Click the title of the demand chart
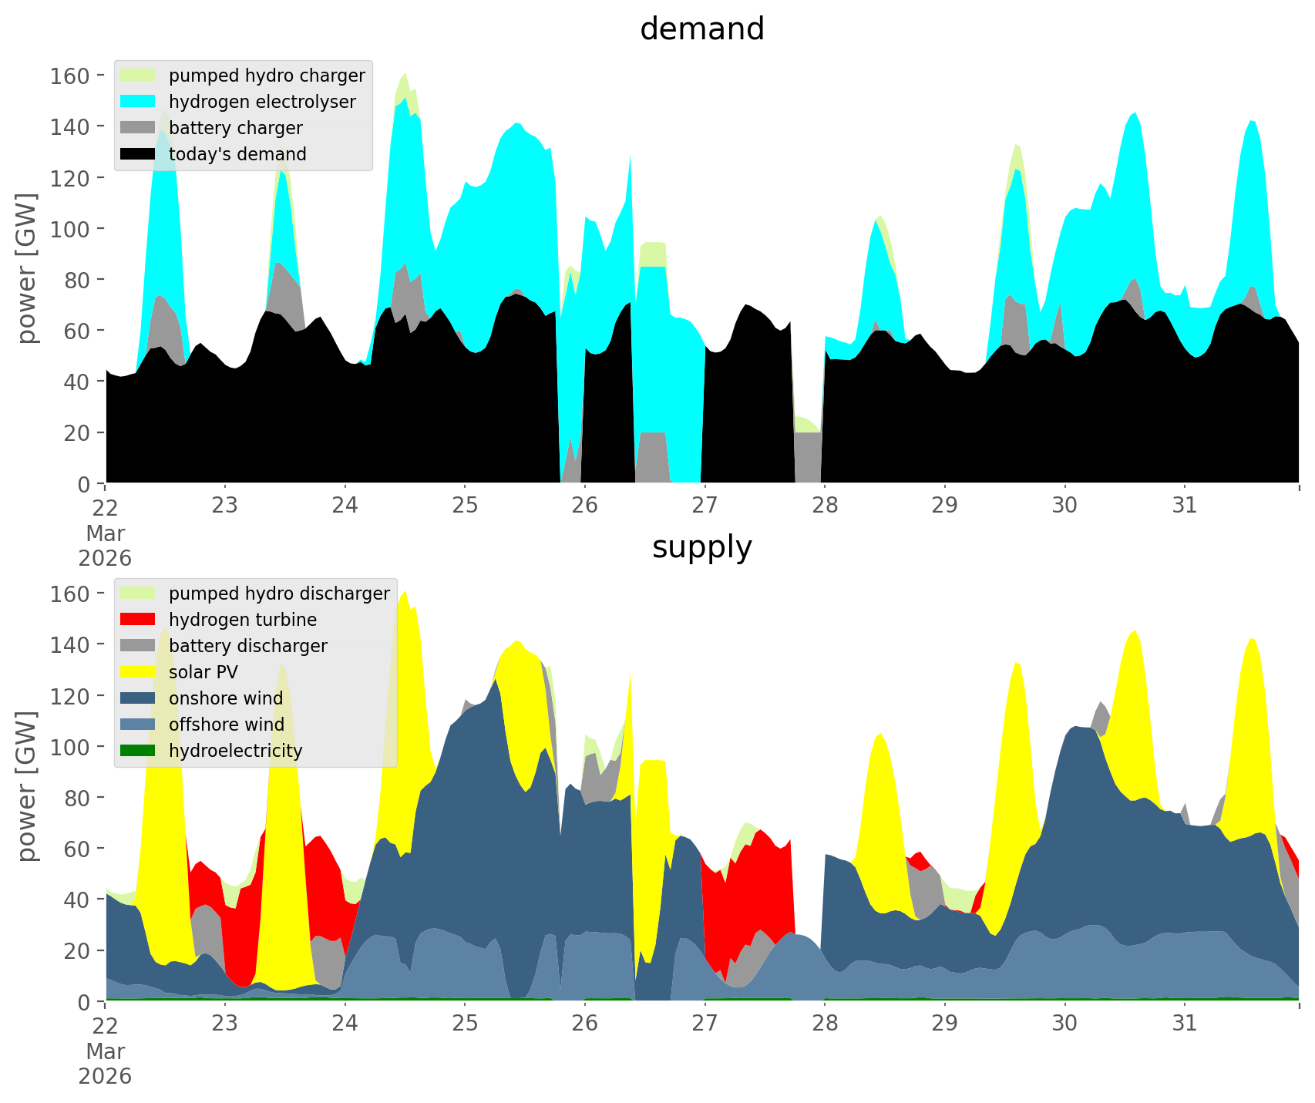tap(701, 29)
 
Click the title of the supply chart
tap(701, 547)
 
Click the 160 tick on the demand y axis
tap(70, 76)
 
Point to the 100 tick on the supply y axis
tap(70, 746)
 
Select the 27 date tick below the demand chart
tap(705, 506)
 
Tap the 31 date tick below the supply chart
tap(1184, 1024)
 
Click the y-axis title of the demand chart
tap(26, 268)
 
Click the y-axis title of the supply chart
tap(26, 786)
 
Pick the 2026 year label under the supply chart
tap(105, 1076)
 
